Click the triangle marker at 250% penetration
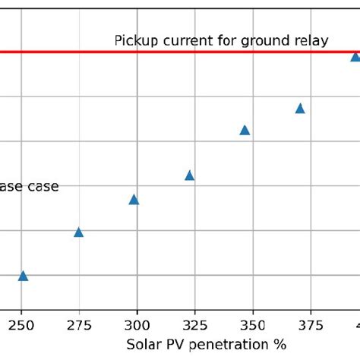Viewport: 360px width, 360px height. [x=23, y=276]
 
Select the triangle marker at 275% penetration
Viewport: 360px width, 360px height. [x=78, y=232]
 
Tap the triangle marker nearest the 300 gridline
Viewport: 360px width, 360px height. [x=134, y=200]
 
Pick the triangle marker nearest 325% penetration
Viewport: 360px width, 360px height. [x=189, y=175]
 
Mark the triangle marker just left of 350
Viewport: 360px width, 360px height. [x=245, y=130]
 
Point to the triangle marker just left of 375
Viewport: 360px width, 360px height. [x=300, y=109]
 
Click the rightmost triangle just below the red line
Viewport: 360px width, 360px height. [x=355, y=57]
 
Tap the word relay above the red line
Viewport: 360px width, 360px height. [x=313, y=41]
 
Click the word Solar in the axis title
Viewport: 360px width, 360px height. [x=141, y=344]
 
